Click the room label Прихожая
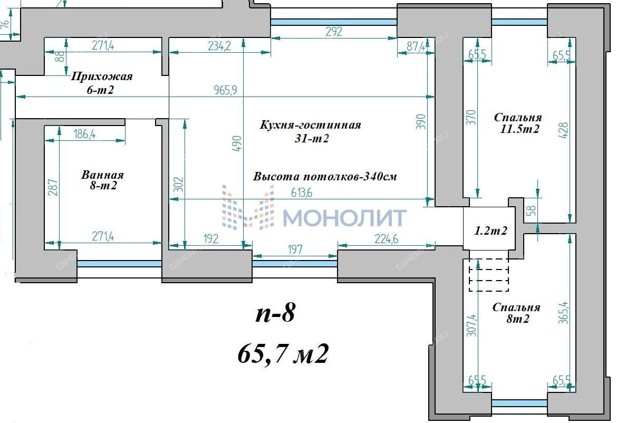(101, 76)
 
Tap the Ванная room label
(103, 175)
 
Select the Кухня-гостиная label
(310, 125)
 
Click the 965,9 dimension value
(225, 90)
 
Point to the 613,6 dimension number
(302, 193)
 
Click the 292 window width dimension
(334, 32)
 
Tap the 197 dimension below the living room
(295, 249)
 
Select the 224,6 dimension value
(386, 239)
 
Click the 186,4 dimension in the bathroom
(84, 134)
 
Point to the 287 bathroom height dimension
(53, 188)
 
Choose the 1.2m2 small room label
(490, 231)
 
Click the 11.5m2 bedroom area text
(519, 129)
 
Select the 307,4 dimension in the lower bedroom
(471, 325)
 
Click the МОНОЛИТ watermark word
(345, 218)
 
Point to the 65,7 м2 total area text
(283, 353)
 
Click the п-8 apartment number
(275, 313)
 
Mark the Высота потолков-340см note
(325, 177)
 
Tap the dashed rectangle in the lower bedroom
(489, 275)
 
